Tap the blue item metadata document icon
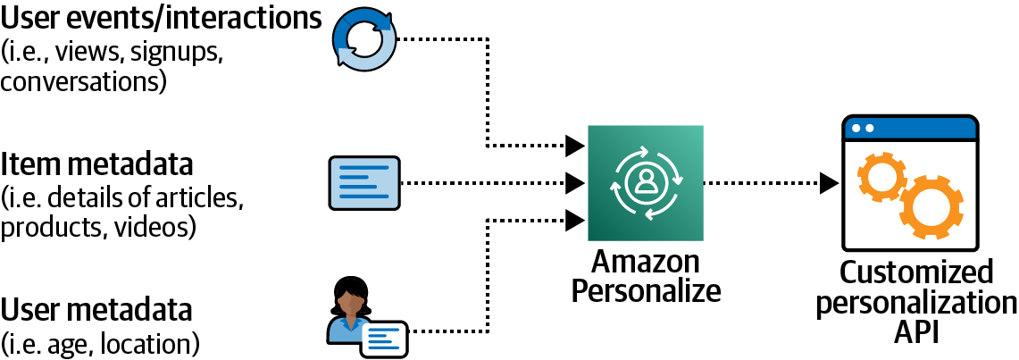click(x=363, y=183)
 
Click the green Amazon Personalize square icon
click(x=645, y=183)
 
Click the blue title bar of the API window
click(x=910, y=128)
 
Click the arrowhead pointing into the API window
click(x=830, y=183)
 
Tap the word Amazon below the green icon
click(x=645, y=264)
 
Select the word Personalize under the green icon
click(x=645, y=290)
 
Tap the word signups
click(x=174, y=53)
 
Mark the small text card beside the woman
click(x=384, y=338)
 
